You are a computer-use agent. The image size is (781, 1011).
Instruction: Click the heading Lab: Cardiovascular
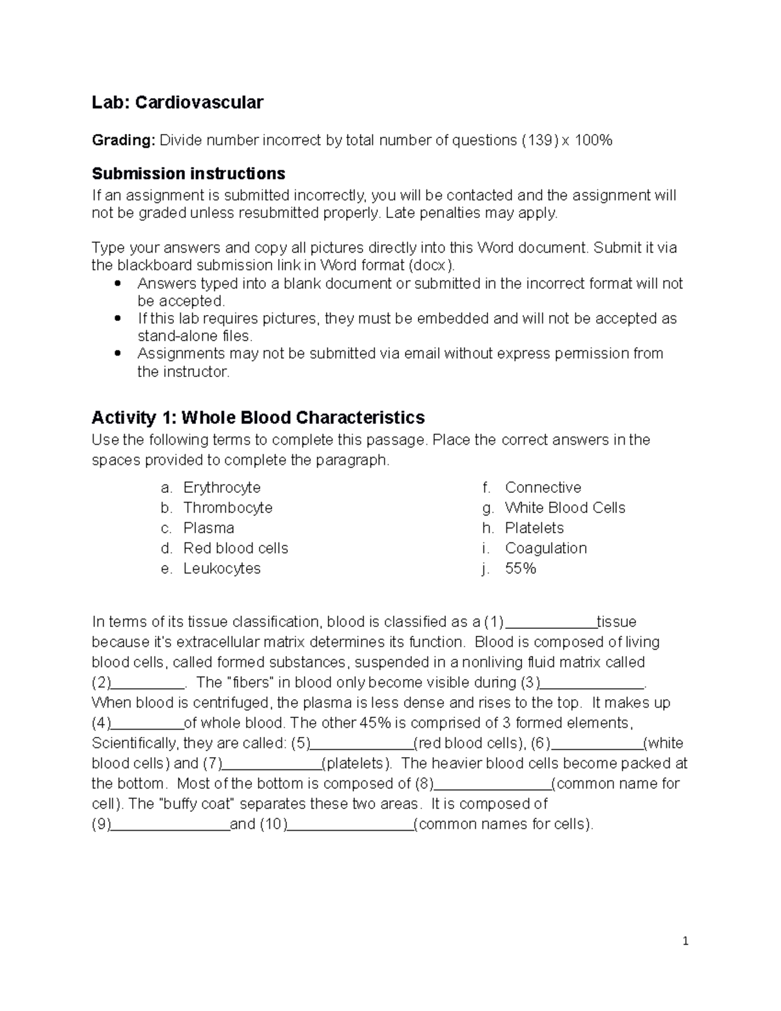coord(177,102)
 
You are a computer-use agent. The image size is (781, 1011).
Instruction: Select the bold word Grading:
coord(124,140)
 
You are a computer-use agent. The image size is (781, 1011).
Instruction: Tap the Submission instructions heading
coord(188,174)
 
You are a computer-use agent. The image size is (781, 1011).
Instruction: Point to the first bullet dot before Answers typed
coord(118,284)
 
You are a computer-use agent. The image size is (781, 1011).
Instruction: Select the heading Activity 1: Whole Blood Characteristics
coord(258,417)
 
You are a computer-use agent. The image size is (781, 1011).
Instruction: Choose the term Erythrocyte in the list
coord(222,488)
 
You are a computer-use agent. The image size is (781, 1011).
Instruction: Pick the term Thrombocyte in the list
coord(228,508)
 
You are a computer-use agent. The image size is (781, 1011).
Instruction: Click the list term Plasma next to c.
coord(209,528)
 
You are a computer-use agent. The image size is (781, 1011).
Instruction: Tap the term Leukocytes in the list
coord(222,568)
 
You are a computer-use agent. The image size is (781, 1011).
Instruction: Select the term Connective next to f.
coord(543,488)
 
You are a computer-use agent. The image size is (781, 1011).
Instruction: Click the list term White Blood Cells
coord(565,508)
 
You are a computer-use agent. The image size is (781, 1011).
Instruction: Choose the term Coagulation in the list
coord(545,548)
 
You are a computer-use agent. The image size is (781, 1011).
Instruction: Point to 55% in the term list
coord(521,568)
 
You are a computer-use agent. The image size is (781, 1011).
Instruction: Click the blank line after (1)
coord(551,624)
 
